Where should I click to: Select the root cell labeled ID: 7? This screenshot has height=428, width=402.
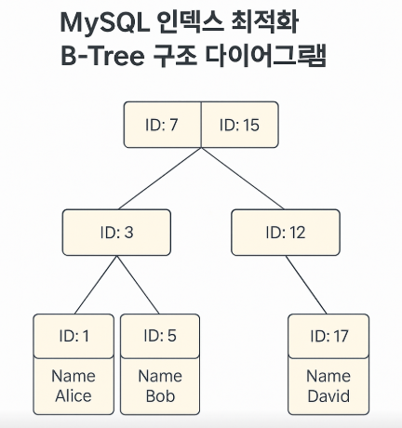[162, 125]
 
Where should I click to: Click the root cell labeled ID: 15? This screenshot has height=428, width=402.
[239, 125]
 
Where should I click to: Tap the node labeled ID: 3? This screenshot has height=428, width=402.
[116, 232]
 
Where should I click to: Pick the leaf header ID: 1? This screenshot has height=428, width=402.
[74, 336]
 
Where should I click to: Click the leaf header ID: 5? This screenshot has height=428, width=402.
[159, 336]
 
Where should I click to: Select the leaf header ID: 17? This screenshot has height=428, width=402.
[328, 336]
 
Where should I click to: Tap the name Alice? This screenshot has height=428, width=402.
[74, 395]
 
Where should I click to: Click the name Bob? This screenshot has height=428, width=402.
[159, 395]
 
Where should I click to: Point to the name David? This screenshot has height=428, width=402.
[328, 395]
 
